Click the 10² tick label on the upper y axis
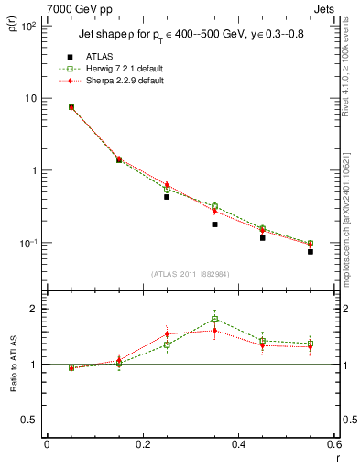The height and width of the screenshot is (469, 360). pos(27,27)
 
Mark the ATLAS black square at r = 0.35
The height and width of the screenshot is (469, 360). pos(214,224)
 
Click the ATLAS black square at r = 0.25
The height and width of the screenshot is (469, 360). pos(167,197)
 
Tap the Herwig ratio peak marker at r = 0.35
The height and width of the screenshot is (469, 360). pos(214,319)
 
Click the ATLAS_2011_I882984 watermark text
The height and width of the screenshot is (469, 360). pos(190,274)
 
